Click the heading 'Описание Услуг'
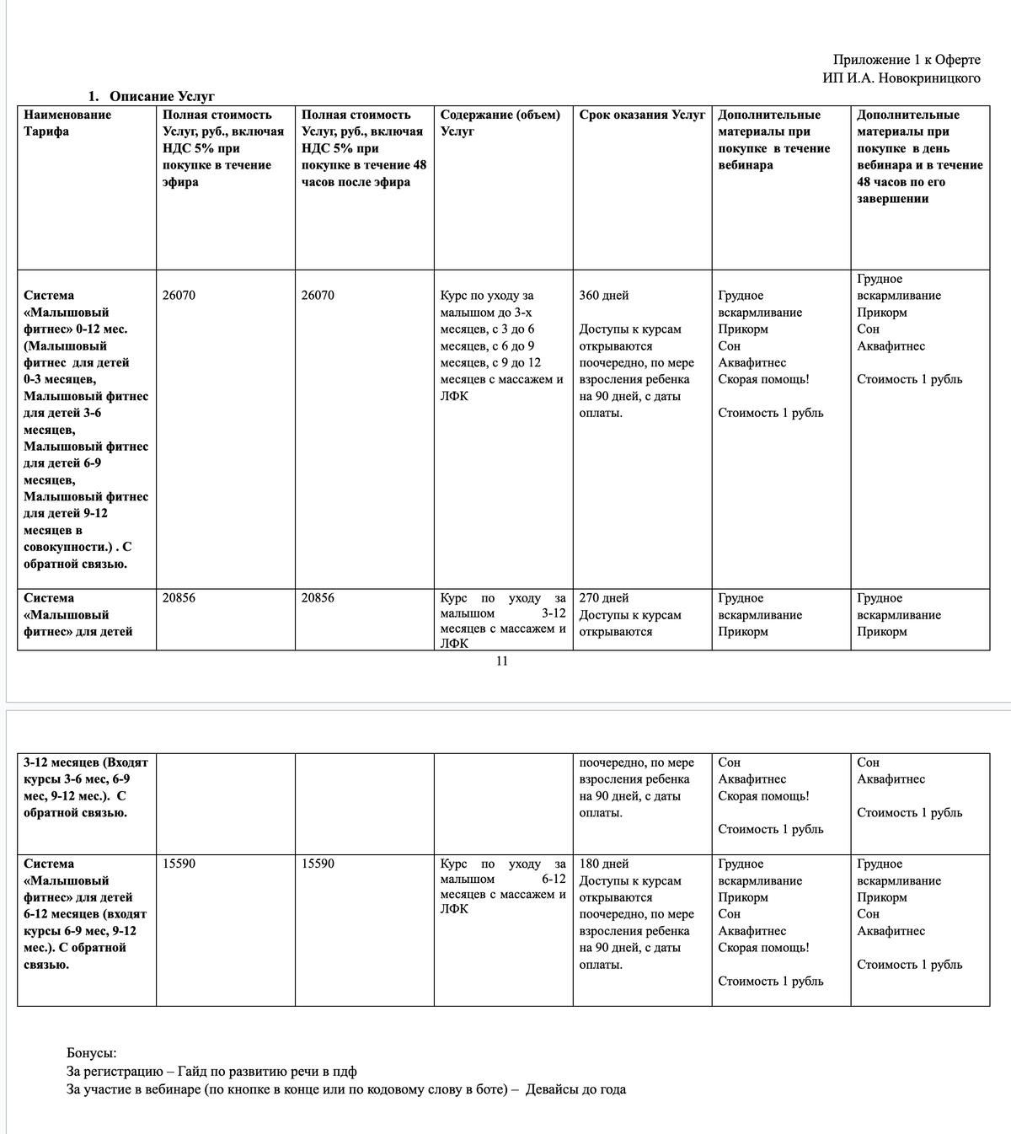162,97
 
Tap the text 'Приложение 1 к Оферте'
907,60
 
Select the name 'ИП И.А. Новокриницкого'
901,78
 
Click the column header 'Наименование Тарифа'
67,123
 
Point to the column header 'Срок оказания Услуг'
642,115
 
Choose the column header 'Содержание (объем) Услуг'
500,123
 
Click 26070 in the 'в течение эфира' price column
179,296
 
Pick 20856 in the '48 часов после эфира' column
318,598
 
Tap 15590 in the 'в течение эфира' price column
179,864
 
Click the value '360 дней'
604,296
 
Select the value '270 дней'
604,598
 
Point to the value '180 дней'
604,864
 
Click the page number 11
501,661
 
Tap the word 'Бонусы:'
92,1053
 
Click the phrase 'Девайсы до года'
575,1089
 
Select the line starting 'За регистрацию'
211,1072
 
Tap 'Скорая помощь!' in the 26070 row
763,379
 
